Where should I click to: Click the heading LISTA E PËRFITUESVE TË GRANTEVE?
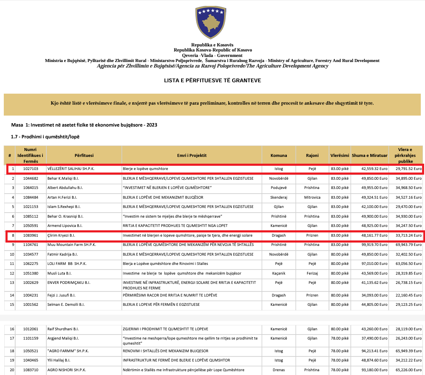[x=212, y=80]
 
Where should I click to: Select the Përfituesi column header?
[x=84, y=155]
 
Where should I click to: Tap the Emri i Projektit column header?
[x=192, y=155]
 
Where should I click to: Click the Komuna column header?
[x=278, y=155]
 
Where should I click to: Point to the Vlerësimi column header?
[x=339, y=155]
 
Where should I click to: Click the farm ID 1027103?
[x=30, y=169]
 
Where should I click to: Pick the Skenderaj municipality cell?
[x=278, y=197]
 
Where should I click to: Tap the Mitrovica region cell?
[x=312, y=197]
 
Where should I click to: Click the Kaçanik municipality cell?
[x=278, y=273]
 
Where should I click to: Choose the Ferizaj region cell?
[x=312, y=273]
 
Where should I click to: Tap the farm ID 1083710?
[x=30, y=370]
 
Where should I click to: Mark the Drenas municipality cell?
[x=278, y=370]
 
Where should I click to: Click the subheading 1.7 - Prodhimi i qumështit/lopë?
[x=45, y=137]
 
